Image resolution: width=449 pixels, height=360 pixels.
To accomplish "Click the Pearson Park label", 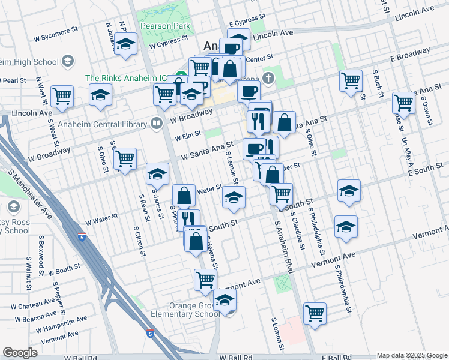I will [x=165, y=26].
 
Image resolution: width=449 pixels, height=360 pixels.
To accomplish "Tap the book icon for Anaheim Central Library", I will [x=157, y=123].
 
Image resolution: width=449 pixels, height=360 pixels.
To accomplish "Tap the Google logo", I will [x=20, y=353].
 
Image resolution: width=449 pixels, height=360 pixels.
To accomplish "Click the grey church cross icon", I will [x=268, y=77].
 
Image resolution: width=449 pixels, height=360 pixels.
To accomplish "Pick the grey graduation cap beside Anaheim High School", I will [x=67, y=61].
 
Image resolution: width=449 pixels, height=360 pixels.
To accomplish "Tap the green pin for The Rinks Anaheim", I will [x=178, y=78].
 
